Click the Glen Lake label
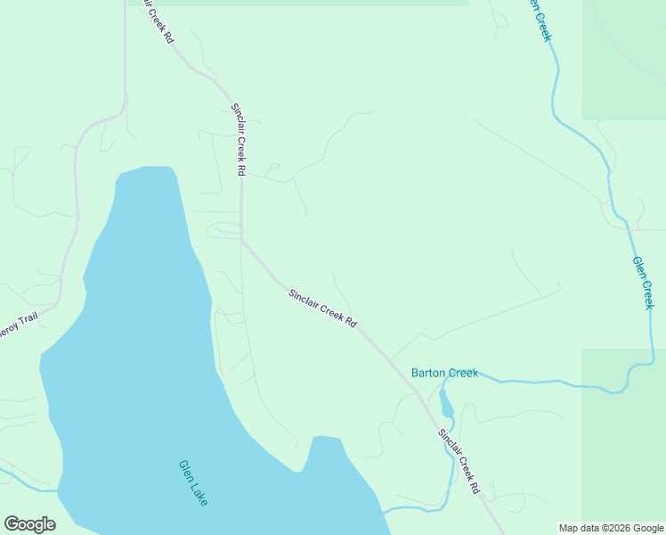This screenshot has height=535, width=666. (x=193, y=483)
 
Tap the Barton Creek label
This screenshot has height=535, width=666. (x=444, y=373)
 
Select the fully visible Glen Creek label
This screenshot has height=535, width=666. (x=643, y=283)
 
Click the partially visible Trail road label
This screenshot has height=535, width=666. (x=17, y=329)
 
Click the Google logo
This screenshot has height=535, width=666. (x=29, y=524)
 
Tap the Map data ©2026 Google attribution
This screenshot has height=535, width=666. (x=611, y=528)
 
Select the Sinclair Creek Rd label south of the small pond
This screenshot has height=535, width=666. (x=459, y=462)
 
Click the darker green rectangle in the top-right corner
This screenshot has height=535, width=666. (x=623, y=59)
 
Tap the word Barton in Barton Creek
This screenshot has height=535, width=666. (x=427, y=373)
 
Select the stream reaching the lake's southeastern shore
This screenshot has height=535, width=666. (x=410, y=509)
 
